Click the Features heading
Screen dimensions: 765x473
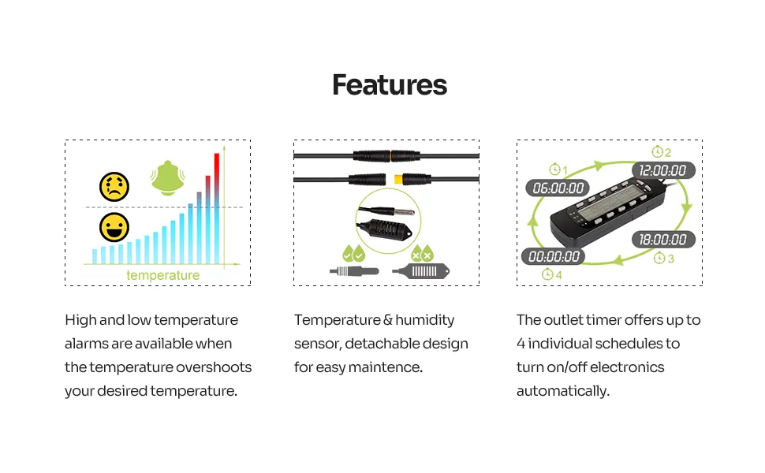pyautogui.click(x=390, y=85)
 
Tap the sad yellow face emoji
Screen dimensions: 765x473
pyautogui.click(x=114, y=187)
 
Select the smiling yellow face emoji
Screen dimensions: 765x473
pyautogui.click(x=114, y=227)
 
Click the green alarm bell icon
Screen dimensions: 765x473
pyautogui.click(x=168, y=178)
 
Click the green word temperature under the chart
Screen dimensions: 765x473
pyautogui.click(x=163, y=275)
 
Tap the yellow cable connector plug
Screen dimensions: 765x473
pyautogui.click(x=398, y=180)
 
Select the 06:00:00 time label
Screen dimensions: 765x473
pyautogui.click(x=558, y=188)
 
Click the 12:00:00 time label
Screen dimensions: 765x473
pyautogui.click(x=663, y=170)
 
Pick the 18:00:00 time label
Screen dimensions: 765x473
pyautogui.click(x=663, y=240)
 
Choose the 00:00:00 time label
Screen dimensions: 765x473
pyautogui.click(x=554, y=256)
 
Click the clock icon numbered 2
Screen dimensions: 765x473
pyautogui.click(x=657, y=151)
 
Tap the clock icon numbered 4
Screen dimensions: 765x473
pyautogui.click(x=547, y=274)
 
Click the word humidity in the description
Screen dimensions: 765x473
pyautogui.click(x=424, y=320)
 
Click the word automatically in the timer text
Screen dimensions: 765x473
pyautogui.click(x=563, y=391)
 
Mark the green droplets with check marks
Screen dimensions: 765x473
pyautogui.click(x=354, y=254)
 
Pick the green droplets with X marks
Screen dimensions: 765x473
pyautogui.click(x=422, y=254)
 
